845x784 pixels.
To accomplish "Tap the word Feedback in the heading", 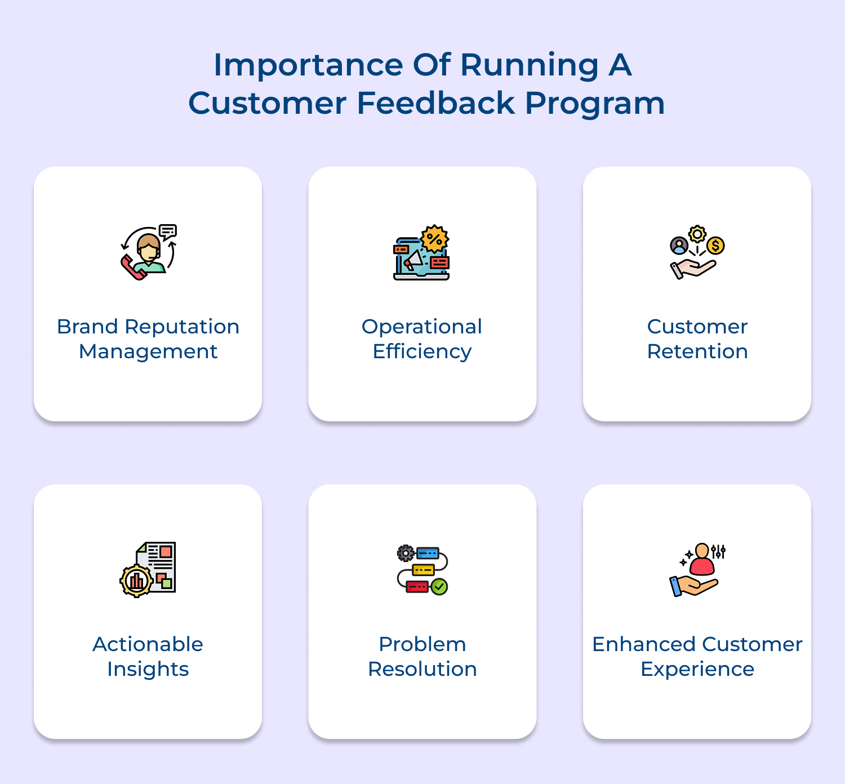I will click(436, 104).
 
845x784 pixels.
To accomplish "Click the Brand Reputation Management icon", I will click(149, 252).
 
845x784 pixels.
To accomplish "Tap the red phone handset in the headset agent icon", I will click(132, 268).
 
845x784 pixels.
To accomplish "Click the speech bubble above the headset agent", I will click(168, 231).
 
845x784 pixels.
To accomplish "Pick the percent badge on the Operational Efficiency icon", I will click(434, 239).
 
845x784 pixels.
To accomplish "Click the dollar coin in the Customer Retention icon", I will click(715, 246).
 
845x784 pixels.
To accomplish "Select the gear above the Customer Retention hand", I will click(697, 234).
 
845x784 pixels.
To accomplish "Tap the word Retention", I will click(697, 351).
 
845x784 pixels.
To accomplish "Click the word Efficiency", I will click(422, 351).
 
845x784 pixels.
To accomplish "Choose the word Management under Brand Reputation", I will click(148, 351).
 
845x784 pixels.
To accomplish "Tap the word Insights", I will click(148, 669).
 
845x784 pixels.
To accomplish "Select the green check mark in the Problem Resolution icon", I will click(439, 587).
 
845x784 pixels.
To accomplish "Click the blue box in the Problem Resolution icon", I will click(427, 554).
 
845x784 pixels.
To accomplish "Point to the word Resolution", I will click(422, 669).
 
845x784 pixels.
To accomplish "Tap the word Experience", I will click(697, 669).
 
